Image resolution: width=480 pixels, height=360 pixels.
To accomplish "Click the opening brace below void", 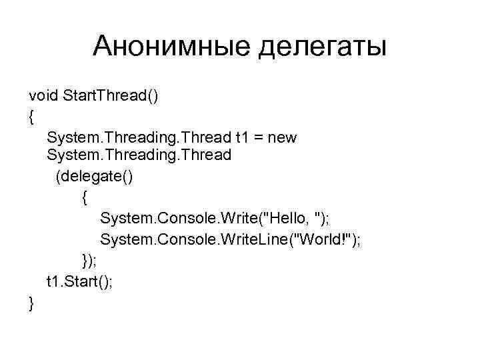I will [31, 117].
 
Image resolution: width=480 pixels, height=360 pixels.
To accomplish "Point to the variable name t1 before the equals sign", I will [242, 137].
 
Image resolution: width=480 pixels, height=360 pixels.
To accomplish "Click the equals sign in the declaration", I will [259, 138].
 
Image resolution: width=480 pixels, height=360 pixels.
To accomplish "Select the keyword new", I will [283, 138].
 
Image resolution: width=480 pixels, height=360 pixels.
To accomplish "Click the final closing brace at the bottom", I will [31, 303].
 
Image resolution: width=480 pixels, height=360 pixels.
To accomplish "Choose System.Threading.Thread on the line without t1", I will [139, 155].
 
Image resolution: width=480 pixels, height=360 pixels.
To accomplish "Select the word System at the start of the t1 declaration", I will [71, 137].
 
